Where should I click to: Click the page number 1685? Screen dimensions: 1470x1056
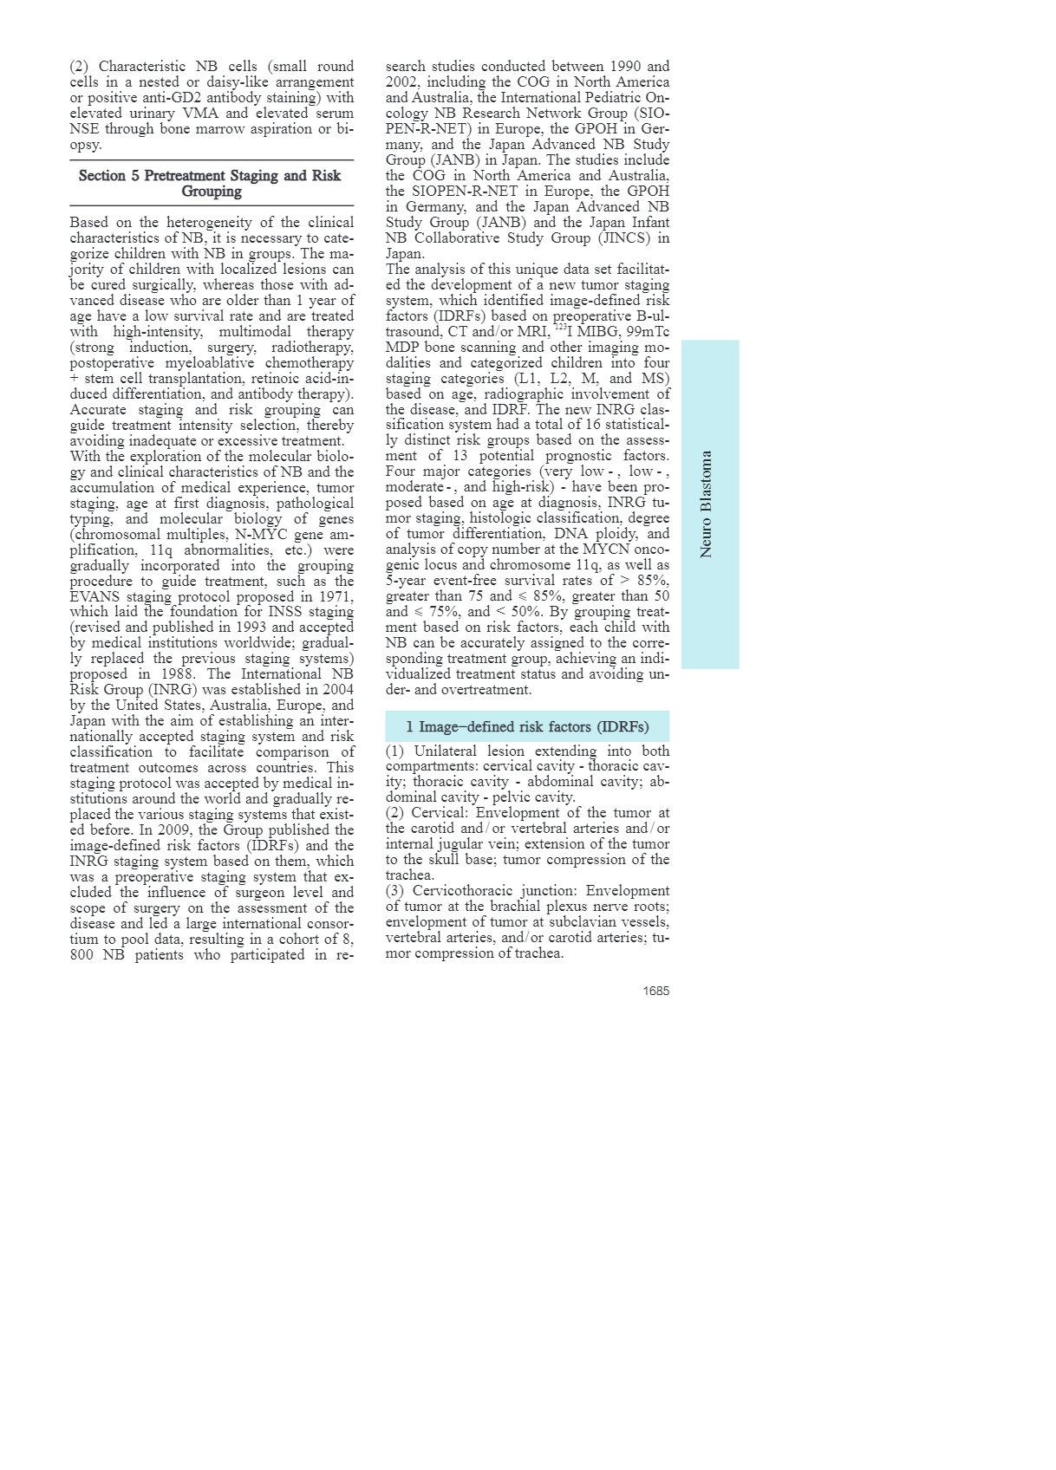tap(655, 991)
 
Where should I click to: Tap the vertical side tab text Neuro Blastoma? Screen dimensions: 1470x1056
tap(707, 504)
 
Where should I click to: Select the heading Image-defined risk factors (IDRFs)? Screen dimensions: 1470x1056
tap(527, 726)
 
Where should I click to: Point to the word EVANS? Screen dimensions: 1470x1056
tap(97, 596)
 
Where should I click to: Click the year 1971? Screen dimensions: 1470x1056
tap(332, 596)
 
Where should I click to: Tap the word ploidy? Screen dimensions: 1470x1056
tap(615, 534)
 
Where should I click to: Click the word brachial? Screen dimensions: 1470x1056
tap(514, 907)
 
